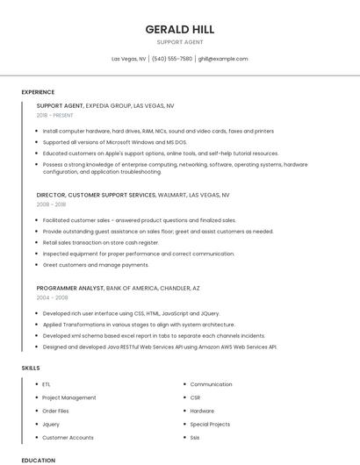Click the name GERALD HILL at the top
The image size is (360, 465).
pyautogui.click(x=179, y=29)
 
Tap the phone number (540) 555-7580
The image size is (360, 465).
pyautogui.click(x=172, y=59)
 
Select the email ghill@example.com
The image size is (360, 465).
pyautogui.click(x=223, y=59)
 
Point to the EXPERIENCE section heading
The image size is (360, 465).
pyautogui.click(x=38, y=92)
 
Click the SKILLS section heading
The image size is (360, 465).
pyautogui.click(x=32, y=368)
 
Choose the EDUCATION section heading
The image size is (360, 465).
pyautogui.click(x=39, y=460)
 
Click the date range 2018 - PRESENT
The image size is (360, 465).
pyautogui.click(x=55, y=115)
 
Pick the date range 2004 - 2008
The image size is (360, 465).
pyautogui.click(x=52, y=297)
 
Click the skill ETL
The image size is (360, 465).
pyautogui.click(x=47, y=384)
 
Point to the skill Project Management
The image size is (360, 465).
pyautogui.click(x=69, y=397)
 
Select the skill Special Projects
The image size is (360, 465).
pyautogui.click(x=210, y=424)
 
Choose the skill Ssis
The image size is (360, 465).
pyautogui.click(x=195, y=437)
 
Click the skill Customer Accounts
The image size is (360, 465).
pyautogui.click(x=68, y=437)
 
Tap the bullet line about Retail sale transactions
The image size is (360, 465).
pyautogui.click(x=101, y=242)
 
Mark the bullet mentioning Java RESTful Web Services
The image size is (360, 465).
pyautogui.click(x=160, y=347)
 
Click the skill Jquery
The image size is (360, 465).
pyautogui.click(x=51, y=424)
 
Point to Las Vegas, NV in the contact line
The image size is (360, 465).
pyautogui.click(x=129, y=59)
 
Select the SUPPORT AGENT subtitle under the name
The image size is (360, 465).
pyautogui.click(x=179, y=42)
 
